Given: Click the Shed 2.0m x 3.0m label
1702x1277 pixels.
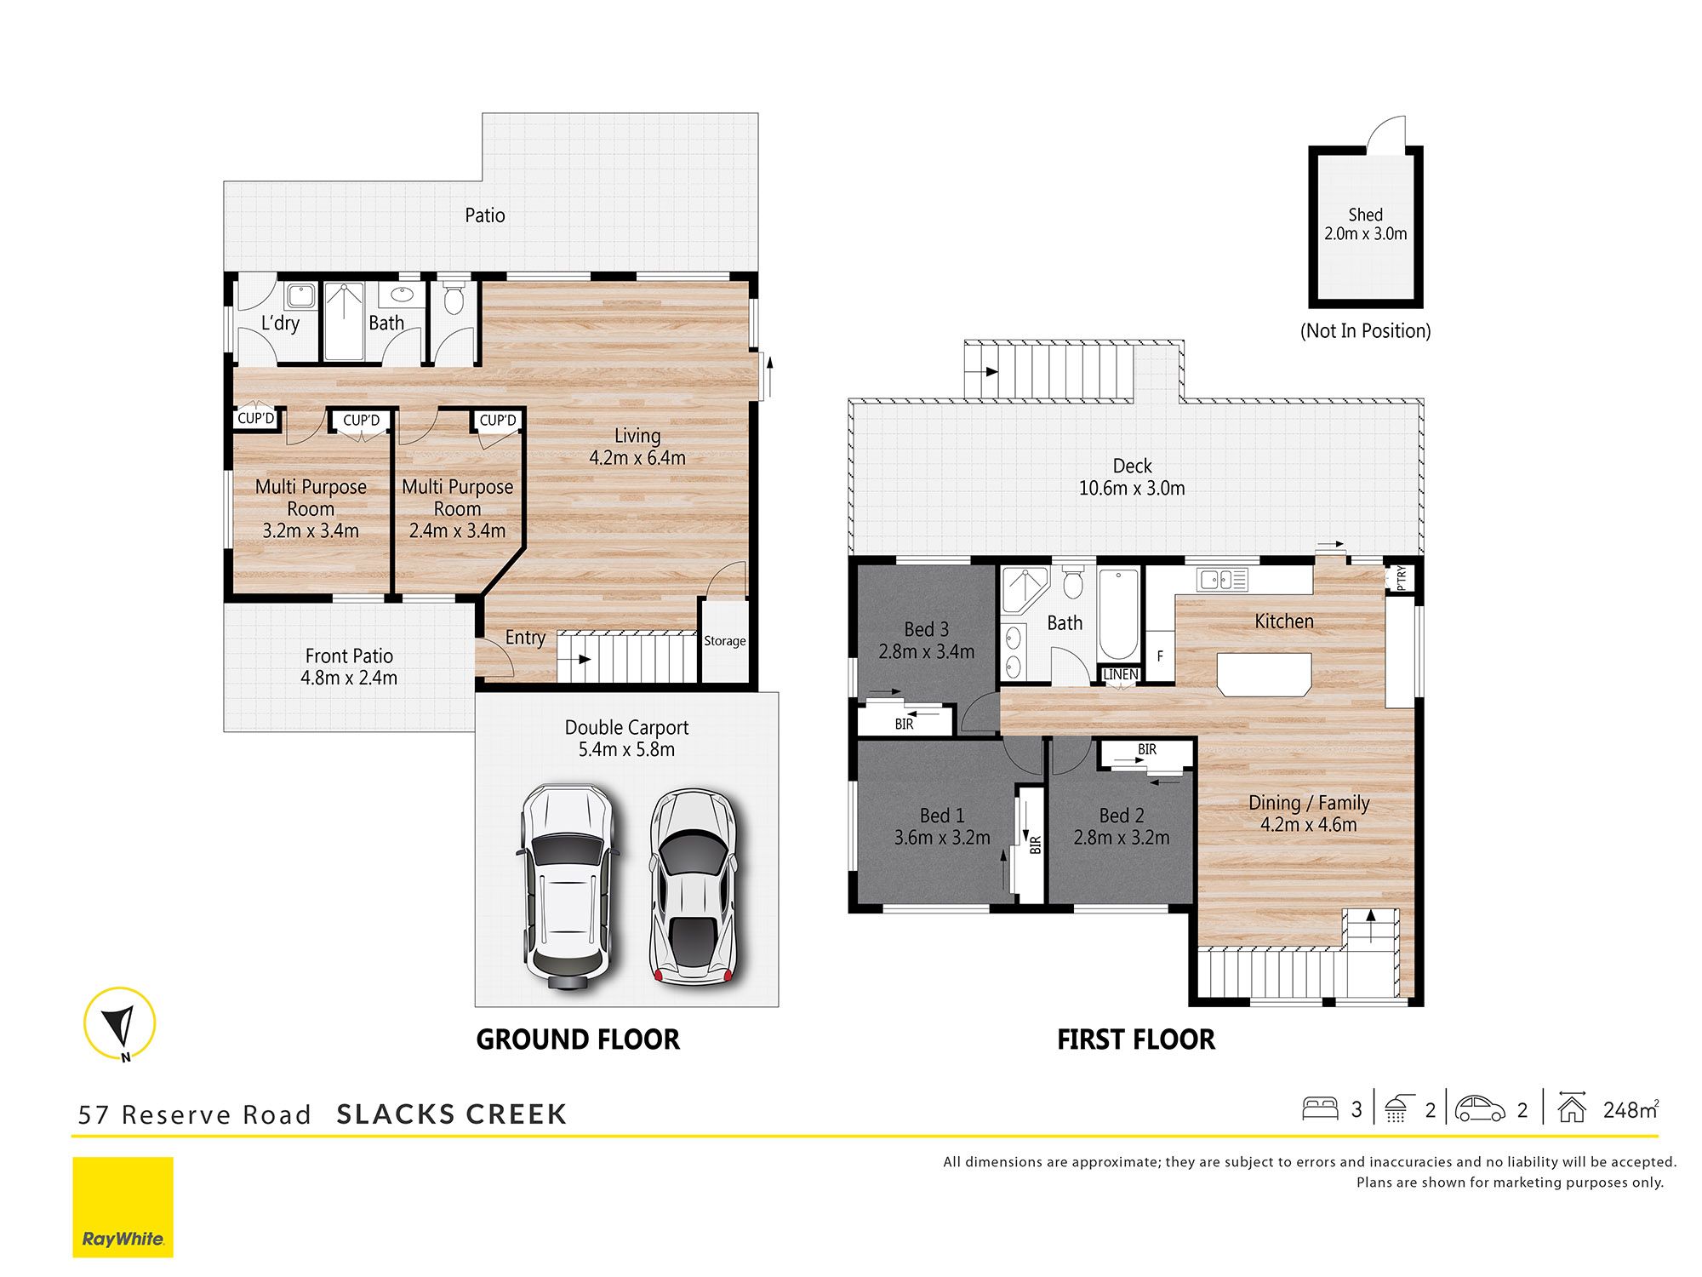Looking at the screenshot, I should click(x=1365, y=225).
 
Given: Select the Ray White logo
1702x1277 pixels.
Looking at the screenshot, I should click(x=123, y=1206).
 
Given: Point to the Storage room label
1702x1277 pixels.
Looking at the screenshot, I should click(x=724, y=641).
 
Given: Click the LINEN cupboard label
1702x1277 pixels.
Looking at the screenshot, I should click(x=1120, y=674).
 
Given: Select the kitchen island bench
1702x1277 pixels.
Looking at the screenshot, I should click(x=1264, y=674).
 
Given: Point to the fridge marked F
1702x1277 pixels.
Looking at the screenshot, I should click(x=1159, y=656).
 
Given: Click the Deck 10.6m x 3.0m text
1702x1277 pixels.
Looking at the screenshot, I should click(x=1131, y=478).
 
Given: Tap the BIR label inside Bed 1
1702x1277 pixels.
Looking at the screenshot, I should click(x=1035, y=845).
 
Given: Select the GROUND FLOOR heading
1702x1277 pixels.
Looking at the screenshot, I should click(x=578, y=1039).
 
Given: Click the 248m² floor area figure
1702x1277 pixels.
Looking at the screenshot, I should click(x=1630, y=1110).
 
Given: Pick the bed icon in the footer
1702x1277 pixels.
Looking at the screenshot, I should click(x=1320, y=1108).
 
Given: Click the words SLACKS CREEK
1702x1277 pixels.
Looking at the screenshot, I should click(x=451, y=1114).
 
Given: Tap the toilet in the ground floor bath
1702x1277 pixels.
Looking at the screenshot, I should click(x=454, y=299).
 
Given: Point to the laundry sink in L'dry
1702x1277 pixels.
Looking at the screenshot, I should click(x=300, y=296).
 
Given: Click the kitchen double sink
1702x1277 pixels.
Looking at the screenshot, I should click(x=1222, y=581).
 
